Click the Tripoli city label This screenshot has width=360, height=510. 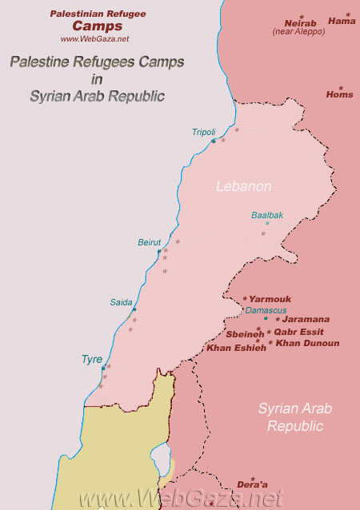(x=203, y=132)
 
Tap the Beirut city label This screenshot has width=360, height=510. (x=150, y=242)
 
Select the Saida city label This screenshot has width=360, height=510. (x=122, y=302)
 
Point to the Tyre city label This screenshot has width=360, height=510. (x=92, y=360)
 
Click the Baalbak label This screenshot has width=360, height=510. (x=267, y=215)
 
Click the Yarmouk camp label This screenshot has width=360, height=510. (x=270, y=299)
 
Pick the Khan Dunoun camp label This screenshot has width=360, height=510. (x=307, y=343)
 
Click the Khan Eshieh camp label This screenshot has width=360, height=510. (x=236, y=348)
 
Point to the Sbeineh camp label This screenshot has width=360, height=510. (x=245, y=334)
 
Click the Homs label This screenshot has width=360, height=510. (x=339, y=94)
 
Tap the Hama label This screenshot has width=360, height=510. (x=342, y=22)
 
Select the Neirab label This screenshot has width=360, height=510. (x=301, y=23)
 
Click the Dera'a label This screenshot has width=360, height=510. (x=252, y=484)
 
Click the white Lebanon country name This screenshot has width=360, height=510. (x=244, y=186)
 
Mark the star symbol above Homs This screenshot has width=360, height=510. (x=340, y=87)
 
